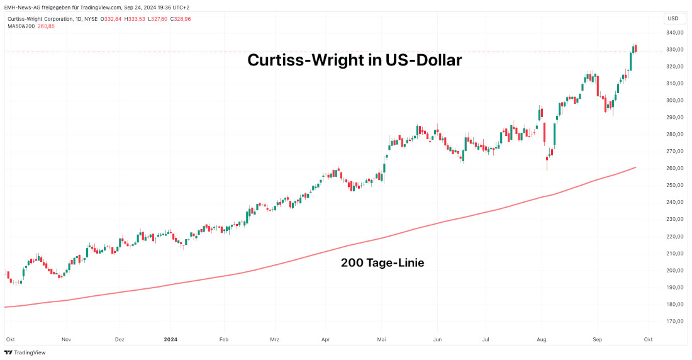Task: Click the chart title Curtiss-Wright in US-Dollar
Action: (354, 60)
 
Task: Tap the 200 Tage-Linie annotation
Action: (382, 263)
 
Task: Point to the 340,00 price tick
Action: (675, 33)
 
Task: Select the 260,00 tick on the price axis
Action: (675, 169)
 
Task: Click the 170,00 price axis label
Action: (675, 322)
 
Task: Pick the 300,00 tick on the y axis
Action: (675, 101)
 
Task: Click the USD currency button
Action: (674, 19)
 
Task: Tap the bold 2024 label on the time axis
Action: (170, 339)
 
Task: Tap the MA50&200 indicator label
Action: (21, 26)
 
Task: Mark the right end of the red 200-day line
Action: (635, 167)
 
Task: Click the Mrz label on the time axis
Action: (274, 339)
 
